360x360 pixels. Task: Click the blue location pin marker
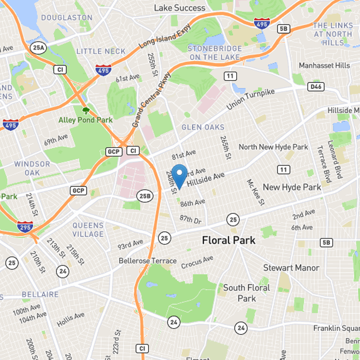[x=180, y=175]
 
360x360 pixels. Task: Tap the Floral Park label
[x=229, y=240]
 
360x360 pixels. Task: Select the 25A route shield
[x=40, y=47]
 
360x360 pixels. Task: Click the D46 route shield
[x=314, y=85]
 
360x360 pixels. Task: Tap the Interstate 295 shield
[x=25, y=227]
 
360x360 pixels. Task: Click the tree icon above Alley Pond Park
[x=85, y=110]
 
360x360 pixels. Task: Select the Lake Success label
[x=180, y=8]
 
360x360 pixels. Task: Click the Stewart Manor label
[x=291, y=268]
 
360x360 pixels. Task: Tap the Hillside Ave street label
[x=205, y=180]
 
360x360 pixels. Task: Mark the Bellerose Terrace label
[x=148, y=261]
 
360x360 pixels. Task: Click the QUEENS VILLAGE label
[x=88, y=229]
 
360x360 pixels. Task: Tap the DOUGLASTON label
[x=66, y=18]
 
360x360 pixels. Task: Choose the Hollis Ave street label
[x=70, y=320]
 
